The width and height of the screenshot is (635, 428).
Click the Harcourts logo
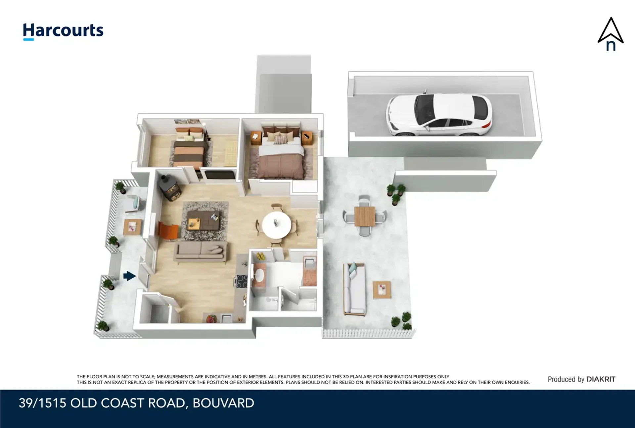click(x=63, y=31)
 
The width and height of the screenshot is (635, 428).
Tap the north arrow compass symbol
click(x=611, y=34)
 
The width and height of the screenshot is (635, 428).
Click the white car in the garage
click(x=439, y=114)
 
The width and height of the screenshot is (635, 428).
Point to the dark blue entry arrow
click(x=129, y=276)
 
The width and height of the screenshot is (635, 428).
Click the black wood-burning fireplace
click(x=170, y=187)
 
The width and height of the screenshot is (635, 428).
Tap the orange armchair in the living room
click(x=168, y=230)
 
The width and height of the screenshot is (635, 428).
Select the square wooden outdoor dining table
click(x=365, y=216)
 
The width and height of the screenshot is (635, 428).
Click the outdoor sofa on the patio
click(x=354, y=289)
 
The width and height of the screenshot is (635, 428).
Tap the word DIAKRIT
click(x=601, y=379)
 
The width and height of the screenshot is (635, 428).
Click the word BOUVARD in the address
click(x=223, y=403)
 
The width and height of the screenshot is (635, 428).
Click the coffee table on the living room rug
click(x=203, y=220)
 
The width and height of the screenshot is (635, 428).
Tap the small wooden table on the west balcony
click(x=132, y=227)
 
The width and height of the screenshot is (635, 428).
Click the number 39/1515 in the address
click(x=42, y=403)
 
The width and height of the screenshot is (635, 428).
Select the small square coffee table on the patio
click(x=382, y=290)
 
